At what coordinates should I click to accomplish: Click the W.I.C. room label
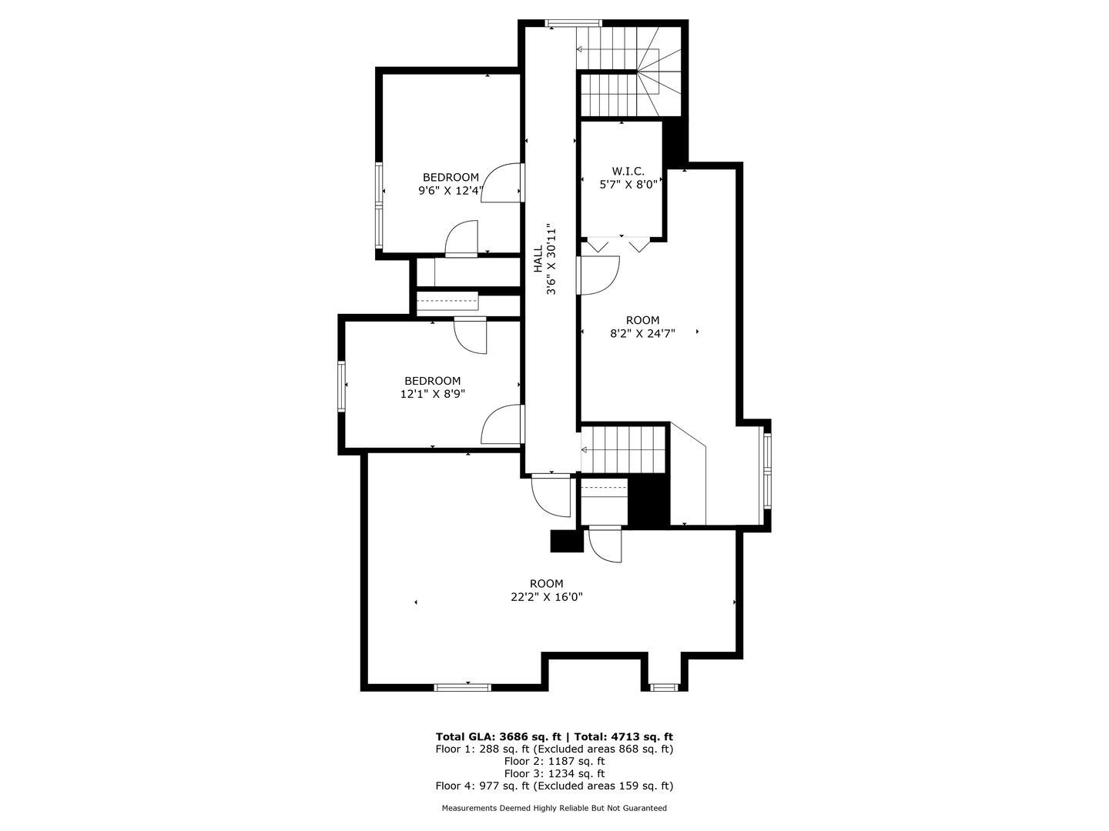628,171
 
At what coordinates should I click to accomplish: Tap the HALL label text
538,259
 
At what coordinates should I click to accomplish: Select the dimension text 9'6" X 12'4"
451,191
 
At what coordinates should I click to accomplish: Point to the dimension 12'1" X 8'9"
433,394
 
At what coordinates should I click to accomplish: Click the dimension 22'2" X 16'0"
547,597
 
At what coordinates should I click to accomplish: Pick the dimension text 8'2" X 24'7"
642,333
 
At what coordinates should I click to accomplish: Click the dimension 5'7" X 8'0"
628,185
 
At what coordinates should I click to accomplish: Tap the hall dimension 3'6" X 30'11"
551,259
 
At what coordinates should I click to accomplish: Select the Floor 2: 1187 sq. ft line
554,762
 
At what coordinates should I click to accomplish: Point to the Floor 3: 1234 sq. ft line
554,773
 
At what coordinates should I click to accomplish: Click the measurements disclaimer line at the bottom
554,808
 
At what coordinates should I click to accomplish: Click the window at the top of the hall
573,23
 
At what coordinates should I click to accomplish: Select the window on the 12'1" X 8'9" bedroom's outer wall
341,387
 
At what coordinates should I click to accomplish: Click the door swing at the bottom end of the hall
551,497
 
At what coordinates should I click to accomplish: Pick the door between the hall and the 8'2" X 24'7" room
599,275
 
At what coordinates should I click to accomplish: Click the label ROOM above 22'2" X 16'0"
547,584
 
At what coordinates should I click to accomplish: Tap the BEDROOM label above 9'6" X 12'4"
451,178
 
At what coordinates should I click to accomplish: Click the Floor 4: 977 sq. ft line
554,786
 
